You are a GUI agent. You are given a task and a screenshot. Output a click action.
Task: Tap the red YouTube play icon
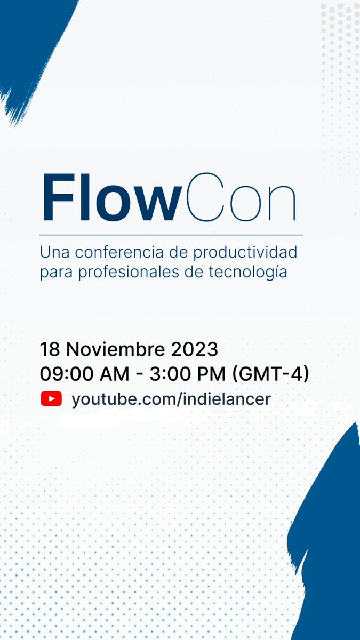(x=51, y=399)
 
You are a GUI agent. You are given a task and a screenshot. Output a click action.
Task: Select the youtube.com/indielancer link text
(x=171, y=399)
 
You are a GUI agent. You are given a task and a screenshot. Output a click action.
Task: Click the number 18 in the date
(x=50, y=349)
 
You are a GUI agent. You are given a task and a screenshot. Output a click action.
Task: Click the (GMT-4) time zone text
(x=271, y=374)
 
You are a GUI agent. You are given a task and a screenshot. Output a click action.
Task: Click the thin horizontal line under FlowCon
(x=171, y=234)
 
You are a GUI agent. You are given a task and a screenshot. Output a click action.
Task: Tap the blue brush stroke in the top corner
(x=32, y=43)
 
